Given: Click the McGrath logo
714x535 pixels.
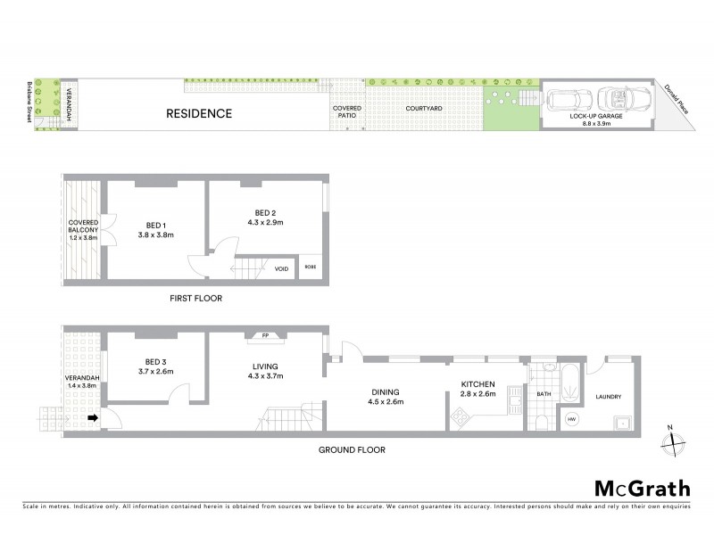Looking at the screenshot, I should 642,488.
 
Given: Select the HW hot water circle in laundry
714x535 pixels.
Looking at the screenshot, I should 571,419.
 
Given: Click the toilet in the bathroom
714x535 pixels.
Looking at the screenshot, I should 544,421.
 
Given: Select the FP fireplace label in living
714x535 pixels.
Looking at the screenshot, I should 265,335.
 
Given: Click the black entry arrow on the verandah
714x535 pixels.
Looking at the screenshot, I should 92,417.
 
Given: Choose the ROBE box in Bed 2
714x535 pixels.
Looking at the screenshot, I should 310,267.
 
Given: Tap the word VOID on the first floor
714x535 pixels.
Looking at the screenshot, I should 281,267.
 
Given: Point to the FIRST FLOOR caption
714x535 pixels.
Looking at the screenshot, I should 195,299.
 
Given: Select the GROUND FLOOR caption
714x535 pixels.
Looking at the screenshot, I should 352,450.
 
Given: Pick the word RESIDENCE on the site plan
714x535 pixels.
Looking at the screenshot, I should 198,113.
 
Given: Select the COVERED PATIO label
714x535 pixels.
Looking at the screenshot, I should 347,111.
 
